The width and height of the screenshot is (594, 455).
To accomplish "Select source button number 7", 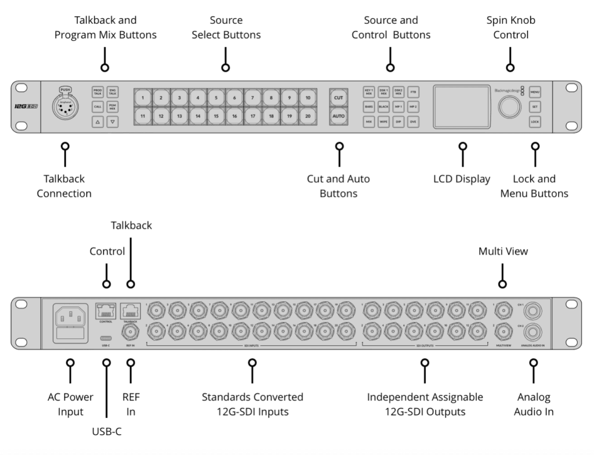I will point(253,98).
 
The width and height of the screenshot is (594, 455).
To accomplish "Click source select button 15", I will point(216,116).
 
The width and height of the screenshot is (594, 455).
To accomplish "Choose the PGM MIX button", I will point(113,107).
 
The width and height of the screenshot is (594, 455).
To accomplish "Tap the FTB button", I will point(413,92).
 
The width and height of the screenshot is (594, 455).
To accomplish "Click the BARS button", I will point(369,107).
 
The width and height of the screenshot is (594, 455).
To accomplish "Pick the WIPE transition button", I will point(383,122).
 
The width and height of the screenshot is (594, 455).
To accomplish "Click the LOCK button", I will point(535,122).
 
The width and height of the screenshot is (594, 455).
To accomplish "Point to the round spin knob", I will point(509,107).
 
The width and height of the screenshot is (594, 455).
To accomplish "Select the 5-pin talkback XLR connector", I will point(66,107).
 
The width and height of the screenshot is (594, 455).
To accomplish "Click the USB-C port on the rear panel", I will point(106,338).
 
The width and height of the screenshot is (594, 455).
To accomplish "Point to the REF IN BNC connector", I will point(131,331).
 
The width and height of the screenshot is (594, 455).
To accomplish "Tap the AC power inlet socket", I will point(70,317).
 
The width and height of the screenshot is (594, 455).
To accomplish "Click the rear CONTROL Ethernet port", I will point(106,312).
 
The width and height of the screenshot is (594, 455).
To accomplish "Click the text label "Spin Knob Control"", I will point(510,27).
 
